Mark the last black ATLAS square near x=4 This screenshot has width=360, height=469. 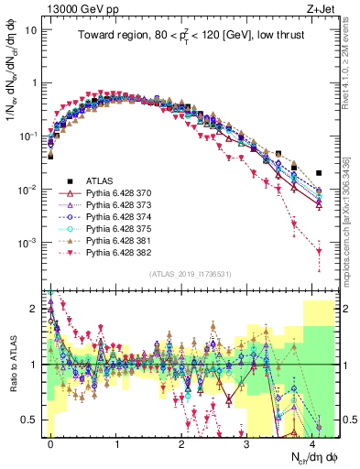tap(318, 172)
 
